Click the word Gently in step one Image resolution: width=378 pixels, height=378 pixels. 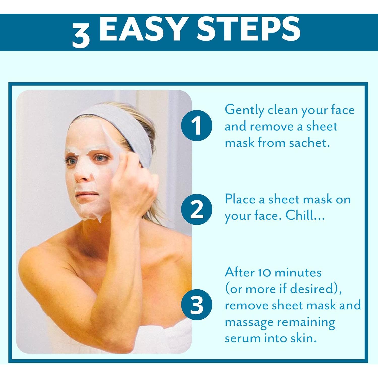pos(244,110)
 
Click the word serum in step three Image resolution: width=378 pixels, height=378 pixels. pos(242,338)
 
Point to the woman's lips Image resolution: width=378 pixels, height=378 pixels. pos(83,195)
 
